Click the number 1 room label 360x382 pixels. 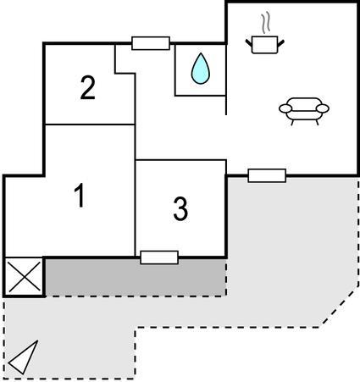[x=80, y=195]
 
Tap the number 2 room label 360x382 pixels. [x=87, y=87]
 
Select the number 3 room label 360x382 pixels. [x=180, y=209]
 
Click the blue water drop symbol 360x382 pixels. [x=201, y=69]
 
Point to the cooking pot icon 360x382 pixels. [x=264, y=45]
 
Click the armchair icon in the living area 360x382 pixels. [x=304, y=111]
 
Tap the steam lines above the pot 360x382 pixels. [x=265, y=23]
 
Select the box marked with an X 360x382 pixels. [x=25, y=277]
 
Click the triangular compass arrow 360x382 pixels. [x=24, y=357]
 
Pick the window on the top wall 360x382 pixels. [x=151, y=43]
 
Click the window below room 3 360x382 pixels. [x=159, y=257]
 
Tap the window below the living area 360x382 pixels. [x=267, y=175]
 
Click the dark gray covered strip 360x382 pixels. [x=136, y=277]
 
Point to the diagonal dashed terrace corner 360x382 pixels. [x=340, y=308]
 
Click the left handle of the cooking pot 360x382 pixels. [x=248, y=43]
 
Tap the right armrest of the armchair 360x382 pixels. [x=323, y=108]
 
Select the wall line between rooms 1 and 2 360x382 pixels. [x=90, y=125]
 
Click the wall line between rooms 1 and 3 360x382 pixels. [x=136, y=208]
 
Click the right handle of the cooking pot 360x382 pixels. [x=281, y=43]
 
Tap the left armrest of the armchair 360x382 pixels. [x=285, y=108]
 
